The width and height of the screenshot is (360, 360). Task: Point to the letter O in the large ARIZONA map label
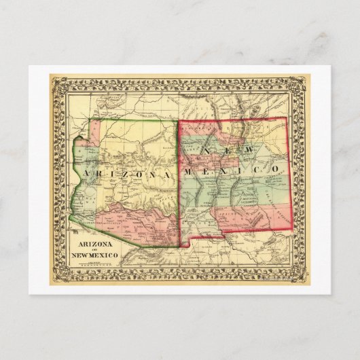tap(141, 175)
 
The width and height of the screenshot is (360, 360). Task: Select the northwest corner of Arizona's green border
tap(101, 120)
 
